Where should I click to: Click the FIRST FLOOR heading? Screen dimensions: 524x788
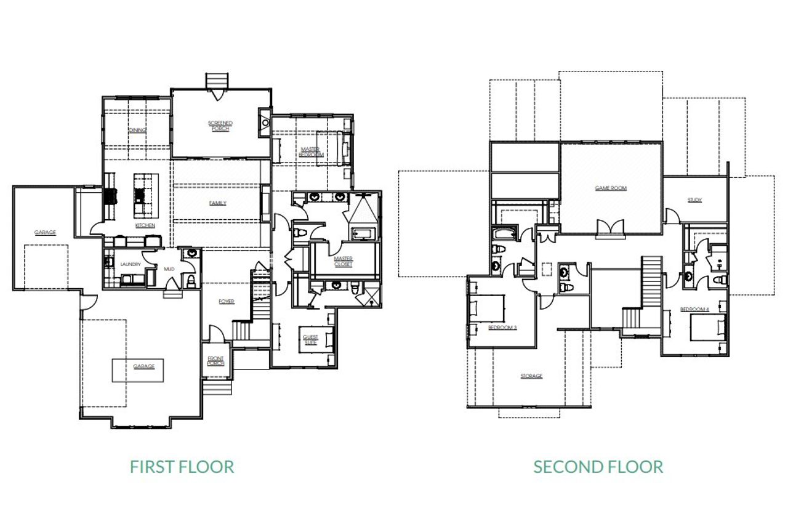tap(182, 467)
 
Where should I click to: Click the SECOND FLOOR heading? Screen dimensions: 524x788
tap(598, 467)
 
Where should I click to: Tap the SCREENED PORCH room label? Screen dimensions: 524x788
tap(220, 126)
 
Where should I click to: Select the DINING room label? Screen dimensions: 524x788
tap(137, 130)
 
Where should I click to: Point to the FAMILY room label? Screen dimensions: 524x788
tap(217, 203)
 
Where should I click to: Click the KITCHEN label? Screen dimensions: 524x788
tap(145, 225)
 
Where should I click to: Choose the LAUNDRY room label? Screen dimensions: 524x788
tap(131, 265)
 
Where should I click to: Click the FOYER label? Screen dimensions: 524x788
tap(227, 301)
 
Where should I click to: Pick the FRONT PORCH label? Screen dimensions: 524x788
tap(215, 361)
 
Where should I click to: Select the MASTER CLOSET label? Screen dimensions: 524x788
tap(343, 262)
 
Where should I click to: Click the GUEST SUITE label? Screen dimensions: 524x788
tap(310, 339)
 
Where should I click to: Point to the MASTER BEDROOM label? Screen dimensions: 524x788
tap(312, 151)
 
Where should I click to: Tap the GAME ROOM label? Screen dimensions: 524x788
tap(610, 188)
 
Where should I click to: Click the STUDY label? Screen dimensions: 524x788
tap(695, 200)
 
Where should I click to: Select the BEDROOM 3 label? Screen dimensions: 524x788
tap(502, 328)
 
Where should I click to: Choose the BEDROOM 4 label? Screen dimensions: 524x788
tap(694, 308)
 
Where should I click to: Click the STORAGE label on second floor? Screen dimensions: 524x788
tap(531, 376)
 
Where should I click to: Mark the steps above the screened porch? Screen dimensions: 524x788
tap(216, 81)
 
